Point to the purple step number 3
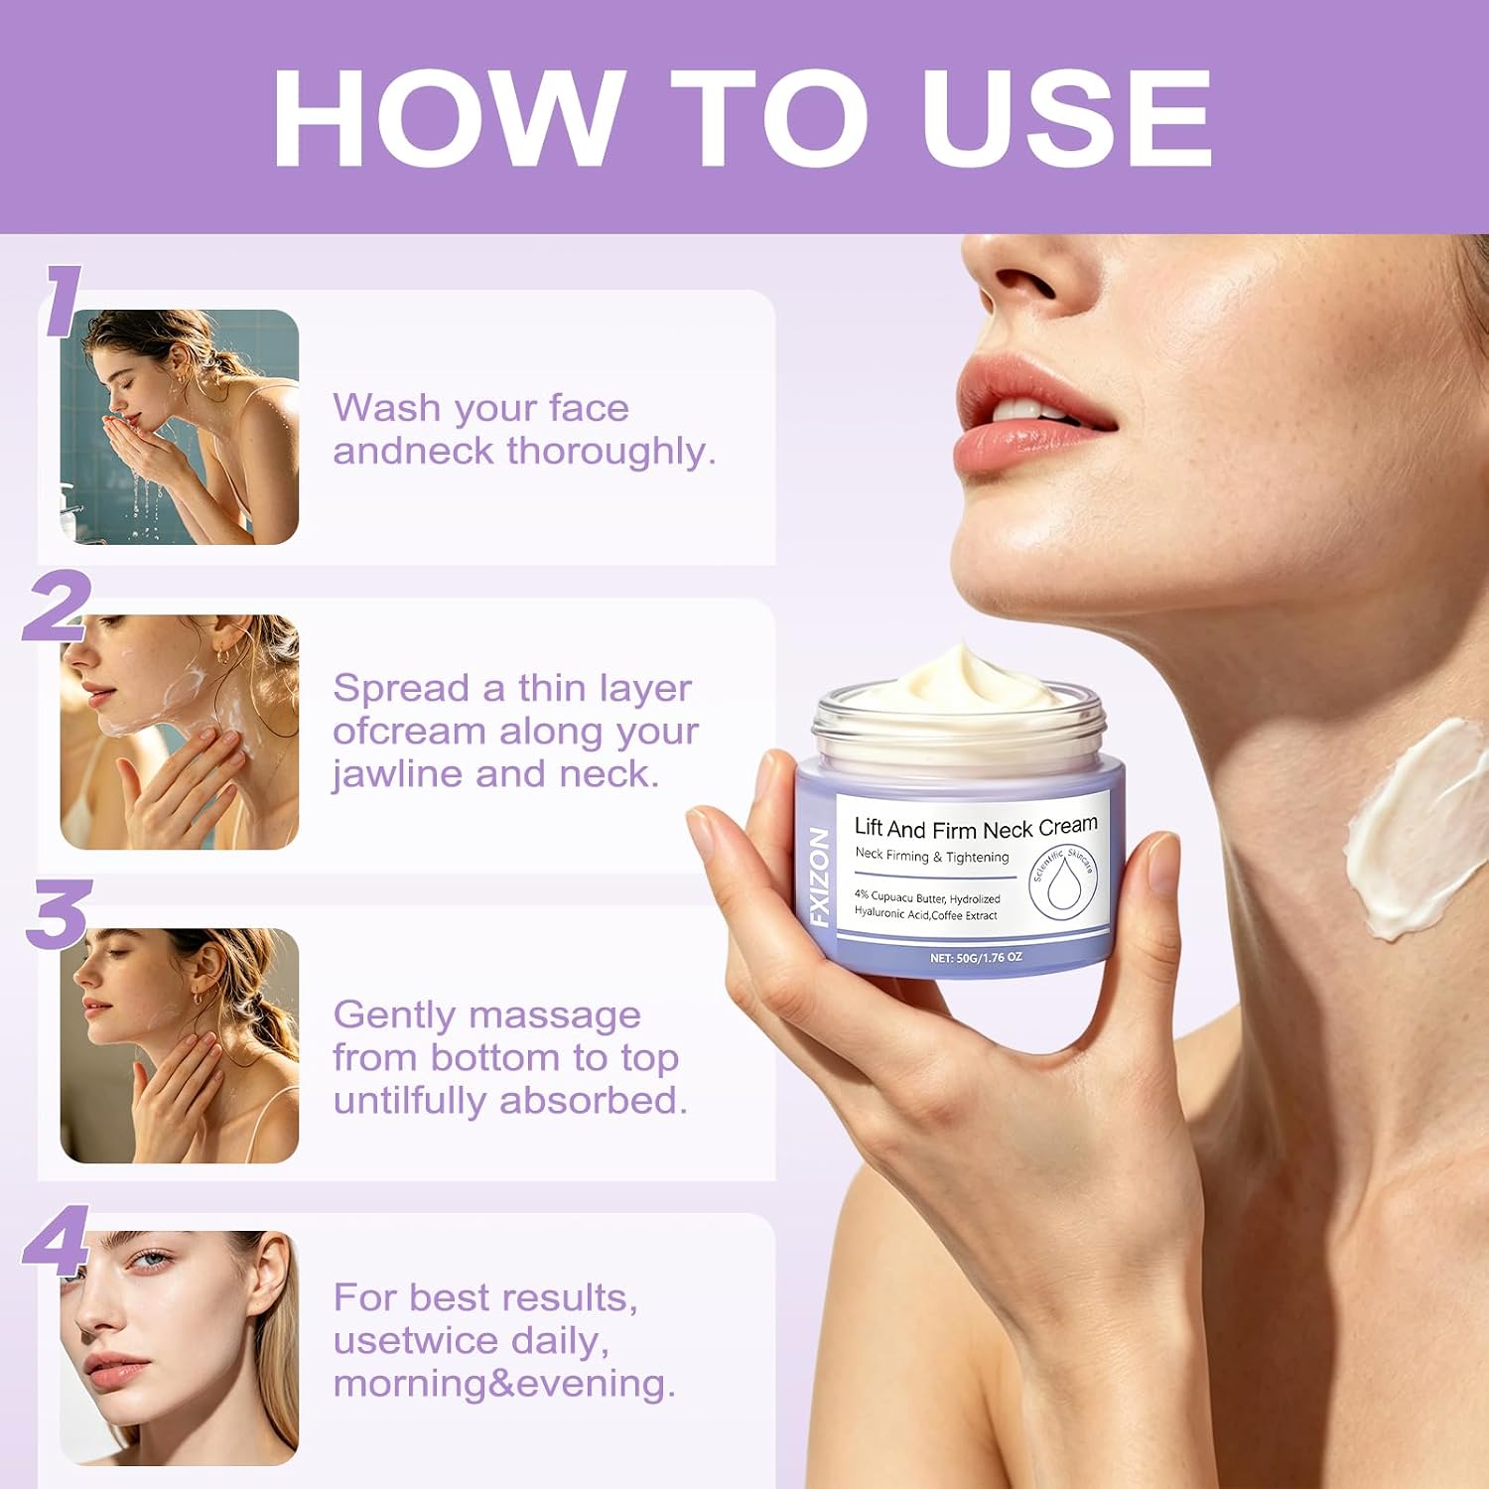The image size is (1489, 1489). [x=59, y=913]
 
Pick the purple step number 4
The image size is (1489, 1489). [x=57, y=1241]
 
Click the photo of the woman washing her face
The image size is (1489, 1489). [x=180, y=427]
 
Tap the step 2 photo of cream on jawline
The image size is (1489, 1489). [x=180, y=733]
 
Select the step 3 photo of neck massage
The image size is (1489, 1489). [x=180, y=1046]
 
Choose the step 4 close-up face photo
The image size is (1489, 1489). [x=180, y=1348]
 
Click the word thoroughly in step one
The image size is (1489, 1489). [x=611, y=452]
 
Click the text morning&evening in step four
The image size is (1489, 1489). [x=504, y=1384]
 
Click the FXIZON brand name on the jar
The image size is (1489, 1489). [x=819, y=878]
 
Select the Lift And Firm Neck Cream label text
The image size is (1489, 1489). [x=976, y=827]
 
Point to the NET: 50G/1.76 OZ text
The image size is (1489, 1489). [x=976, y=958]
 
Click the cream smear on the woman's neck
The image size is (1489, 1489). [x=1415, y=829]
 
